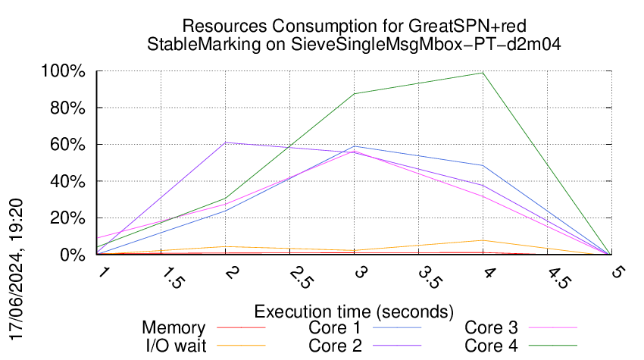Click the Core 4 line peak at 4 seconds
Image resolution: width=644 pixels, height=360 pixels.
pyautogui.click(x=483, y=73)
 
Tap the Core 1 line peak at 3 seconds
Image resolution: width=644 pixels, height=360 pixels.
pyautogui.click(x=355, y=146)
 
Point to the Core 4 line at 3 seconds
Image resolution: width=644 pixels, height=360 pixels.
pyautogui.click(x=355, y=94)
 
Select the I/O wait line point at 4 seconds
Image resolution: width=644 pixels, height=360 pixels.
pyautogui.click(x=483, y=240)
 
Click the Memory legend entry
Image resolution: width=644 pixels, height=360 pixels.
pyautogui.click(x=174, y=328)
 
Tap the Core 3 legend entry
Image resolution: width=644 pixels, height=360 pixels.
pyautogui.click(x=491, y=328)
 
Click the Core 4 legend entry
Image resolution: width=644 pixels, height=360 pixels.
pyautogui.click(x=491, y=345)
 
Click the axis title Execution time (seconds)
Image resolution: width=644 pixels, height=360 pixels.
pyautogui.click(x=354, y=311)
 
